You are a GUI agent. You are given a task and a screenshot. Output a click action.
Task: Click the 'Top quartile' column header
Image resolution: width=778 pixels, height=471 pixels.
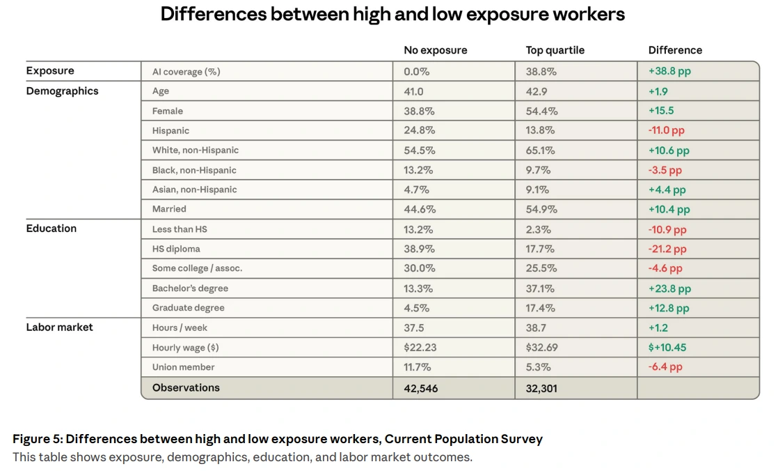pyautogui.click(x=555, y=50)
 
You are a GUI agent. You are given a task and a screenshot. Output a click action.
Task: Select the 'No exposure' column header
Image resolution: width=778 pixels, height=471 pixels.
pyautogui.click(x=435, y=50)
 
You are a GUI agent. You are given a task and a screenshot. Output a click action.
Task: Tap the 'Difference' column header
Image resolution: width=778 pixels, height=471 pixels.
pyautogui.click(x=675, y=50)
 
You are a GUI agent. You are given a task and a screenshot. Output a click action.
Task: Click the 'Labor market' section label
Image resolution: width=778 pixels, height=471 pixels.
pyautogui.click(x=59, y=327)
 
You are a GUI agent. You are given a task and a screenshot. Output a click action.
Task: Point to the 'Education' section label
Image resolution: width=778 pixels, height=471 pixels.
pyautogui.click(x=51, y=229)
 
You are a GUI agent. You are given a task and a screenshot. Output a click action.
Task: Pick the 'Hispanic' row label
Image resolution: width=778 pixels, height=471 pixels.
pyautogui.click(x=170, y=130)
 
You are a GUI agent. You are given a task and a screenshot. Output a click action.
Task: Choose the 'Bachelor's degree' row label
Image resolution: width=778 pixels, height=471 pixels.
pyautogui.click(x=190, y=288)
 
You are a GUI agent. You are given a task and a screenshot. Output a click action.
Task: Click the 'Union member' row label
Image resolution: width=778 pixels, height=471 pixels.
pyautogui.click(x=183, y=367)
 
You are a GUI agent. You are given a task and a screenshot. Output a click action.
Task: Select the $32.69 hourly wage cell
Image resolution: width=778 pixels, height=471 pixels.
pyautogui.click(x=541, y=348)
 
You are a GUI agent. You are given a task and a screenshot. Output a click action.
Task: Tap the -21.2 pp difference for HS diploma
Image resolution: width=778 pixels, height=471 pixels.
pyautogui.click(x=667, y=249)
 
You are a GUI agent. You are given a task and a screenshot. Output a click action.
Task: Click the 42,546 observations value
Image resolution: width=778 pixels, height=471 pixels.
pyautogui.click(x=420, y=388)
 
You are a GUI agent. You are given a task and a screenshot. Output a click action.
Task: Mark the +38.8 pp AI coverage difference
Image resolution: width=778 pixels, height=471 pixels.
pyautogui.click(x=669, y=71)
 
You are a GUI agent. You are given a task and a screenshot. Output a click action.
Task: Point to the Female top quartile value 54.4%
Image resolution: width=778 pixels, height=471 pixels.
pyautogui.click(x=541, y=111)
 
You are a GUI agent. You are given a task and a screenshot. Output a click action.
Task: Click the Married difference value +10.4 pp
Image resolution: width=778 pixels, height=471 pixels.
pyautogui.click(x=669, y=209)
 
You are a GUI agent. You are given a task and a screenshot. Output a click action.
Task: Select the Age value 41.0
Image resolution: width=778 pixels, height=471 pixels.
pyautogui.click(x=413, y=91)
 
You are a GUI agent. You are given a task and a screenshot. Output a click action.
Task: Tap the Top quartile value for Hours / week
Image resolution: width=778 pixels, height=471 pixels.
pyautogui.click(x=537, y=327)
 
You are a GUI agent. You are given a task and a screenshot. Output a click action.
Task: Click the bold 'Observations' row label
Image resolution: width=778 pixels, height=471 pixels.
pyautogui.click(x=186, y=387)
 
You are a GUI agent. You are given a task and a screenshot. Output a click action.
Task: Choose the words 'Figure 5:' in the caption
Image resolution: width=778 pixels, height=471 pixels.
pyautogui.click(x=38, y=439)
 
